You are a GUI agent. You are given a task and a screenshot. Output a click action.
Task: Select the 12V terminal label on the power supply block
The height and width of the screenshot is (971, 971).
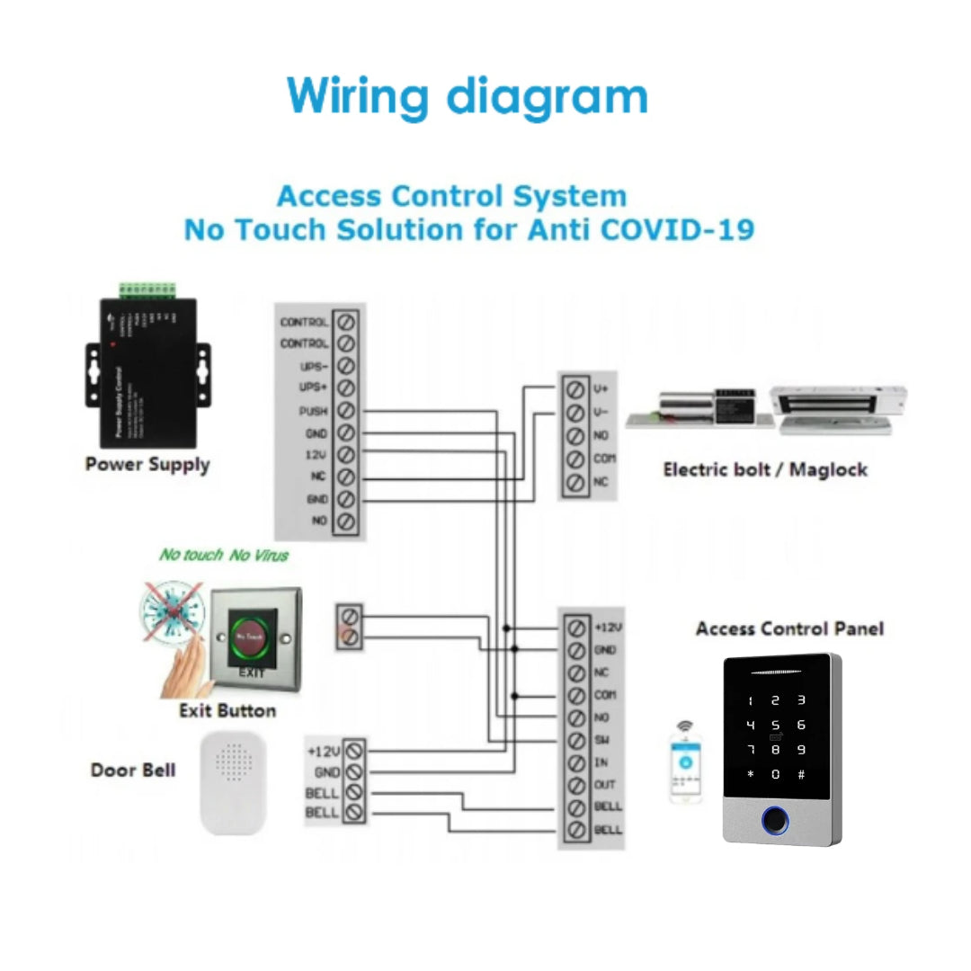pyautogui.click(x=316, y=455)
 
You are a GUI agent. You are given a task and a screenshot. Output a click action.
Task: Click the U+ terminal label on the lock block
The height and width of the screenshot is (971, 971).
pyautogui.click(x=601, y=388)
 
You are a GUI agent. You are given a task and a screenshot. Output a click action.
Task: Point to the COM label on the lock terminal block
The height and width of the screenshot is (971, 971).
pyautogui.click(x=604, y=459)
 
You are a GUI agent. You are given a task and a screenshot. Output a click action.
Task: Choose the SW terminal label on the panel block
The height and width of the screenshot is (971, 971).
pyautogui.click(x=602, y=740)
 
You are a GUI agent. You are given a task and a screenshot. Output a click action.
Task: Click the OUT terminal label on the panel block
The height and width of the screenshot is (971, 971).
pyautogui.click(x=604, y=785)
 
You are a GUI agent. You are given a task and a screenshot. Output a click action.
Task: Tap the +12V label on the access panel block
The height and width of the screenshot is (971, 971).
pyautogui.click(x=608, y=627)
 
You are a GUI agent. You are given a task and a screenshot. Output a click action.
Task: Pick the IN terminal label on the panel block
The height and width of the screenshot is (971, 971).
pyautogui.click(x=601, y=762)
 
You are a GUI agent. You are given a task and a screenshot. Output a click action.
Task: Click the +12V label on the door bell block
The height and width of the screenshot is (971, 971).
pyautogui.click(x=323, y=750)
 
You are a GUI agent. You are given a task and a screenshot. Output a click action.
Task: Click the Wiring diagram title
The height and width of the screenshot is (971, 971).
pyautogui.click(x=467, y=96)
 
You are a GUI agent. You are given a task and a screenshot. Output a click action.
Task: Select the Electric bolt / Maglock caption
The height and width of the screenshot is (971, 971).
pyautogui.click(x=764, y=469)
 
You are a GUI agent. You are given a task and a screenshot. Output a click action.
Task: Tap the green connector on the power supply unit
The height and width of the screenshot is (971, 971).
pyautogui.click(x=149, y=290)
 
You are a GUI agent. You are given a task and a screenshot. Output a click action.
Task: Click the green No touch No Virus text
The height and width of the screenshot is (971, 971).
pyautogui.click(x=224, y=555)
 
